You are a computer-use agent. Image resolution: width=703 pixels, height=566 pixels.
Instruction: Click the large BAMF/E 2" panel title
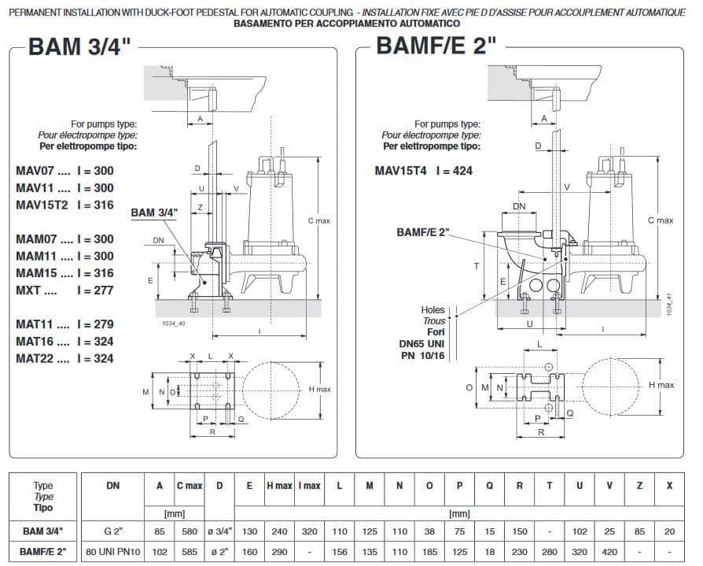[436, 46]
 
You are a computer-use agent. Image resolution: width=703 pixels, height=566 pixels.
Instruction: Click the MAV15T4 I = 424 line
[424, 171]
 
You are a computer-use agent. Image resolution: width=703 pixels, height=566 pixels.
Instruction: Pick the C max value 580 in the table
[190, 531]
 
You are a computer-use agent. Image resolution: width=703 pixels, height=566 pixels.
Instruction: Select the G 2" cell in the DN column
[113, 531]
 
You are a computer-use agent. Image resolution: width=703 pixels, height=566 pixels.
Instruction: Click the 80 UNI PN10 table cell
[113, 552]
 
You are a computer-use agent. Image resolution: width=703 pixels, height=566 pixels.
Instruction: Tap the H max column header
[279, 486]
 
